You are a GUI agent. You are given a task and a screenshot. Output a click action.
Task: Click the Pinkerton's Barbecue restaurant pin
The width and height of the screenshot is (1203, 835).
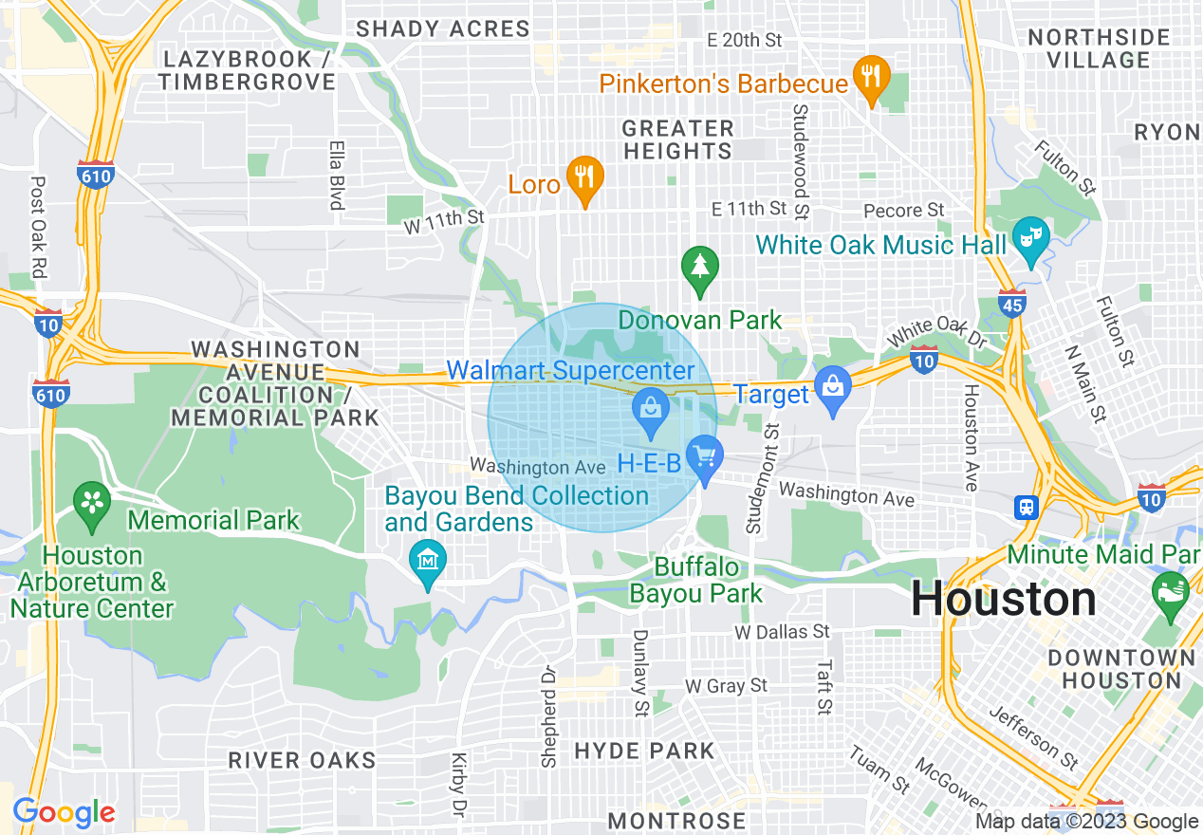tap(870, 73)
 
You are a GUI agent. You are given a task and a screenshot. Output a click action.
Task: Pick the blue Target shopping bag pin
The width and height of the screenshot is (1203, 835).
tap(833, 386)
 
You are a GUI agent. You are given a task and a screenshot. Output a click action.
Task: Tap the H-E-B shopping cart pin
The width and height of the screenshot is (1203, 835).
tap(704, 457)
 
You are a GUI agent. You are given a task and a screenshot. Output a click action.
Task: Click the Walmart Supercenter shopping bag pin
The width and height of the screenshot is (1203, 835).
tap(651, 410)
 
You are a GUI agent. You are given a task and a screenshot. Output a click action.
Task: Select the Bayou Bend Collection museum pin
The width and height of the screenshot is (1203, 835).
tap(427, 559)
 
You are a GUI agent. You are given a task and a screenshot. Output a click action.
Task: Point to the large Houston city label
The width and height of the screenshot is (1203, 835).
tap(1003, 600)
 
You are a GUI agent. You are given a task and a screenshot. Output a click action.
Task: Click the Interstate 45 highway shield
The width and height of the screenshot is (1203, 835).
tap(1011, 303)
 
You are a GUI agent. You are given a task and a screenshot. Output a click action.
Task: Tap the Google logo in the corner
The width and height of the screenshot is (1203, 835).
tap(65, 812)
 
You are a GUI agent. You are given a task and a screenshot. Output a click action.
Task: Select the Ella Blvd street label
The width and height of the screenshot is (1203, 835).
tap(335, 176)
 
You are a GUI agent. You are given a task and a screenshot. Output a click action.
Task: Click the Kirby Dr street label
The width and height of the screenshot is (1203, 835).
tap(458, 785)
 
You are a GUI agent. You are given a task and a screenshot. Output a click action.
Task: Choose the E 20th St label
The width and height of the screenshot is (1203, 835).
tap(745, 40)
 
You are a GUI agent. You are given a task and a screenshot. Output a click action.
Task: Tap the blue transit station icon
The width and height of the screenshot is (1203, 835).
tap(1026, 508)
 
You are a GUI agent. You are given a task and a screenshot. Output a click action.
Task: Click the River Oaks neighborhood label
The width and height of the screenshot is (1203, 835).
tap(302, 760)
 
